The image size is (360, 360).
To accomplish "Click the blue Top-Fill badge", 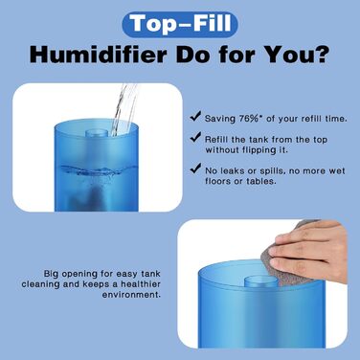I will [179, 22].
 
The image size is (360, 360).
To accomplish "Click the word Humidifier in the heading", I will [95, 54].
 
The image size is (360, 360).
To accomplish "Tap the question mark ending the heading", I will [323, 54].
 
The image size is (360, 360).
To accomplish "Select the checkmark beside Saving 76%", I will [196, 118].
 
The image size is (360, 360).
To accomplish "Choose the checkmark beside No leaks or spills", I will [196, 172].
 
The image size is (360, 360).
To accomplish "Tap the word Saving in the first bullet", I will [218, 118].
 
